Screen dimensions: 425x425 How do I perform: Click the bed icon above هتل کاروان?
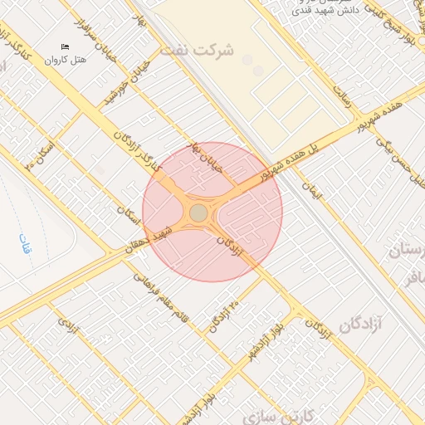click(66, 46)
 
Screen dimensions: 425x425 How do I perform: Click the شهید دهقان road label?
click(155, 240)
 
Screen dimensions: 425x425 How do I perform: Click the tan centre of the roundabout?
click(198, 213)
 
